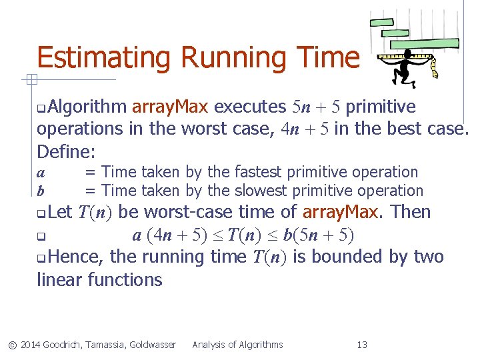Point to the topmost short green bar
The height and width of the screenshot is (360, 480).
coord(382,22)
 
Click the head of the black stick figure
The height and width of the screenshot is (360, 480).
coord(404,54)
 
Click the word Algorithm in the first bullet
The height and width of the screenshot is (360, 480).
coord(87,107)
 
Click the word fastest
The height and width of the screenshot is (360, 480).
coord(257,172)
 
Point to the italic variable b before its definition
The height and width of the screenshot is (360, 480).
coord(41,191)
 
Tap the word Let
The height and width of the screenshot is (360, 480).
coord(60,213)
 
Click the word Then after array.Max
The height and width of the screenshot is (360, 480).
coord(409,213)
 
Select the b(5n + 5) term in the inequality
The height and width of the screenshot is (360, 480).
coord(323,235)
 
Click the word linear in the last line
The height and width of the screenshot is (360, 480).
coord(61,279)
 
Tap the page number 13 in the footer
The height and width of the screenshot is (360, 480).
coord(362,345)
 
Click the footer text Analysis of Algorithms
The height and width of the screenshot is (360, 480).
coord(237,345)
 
